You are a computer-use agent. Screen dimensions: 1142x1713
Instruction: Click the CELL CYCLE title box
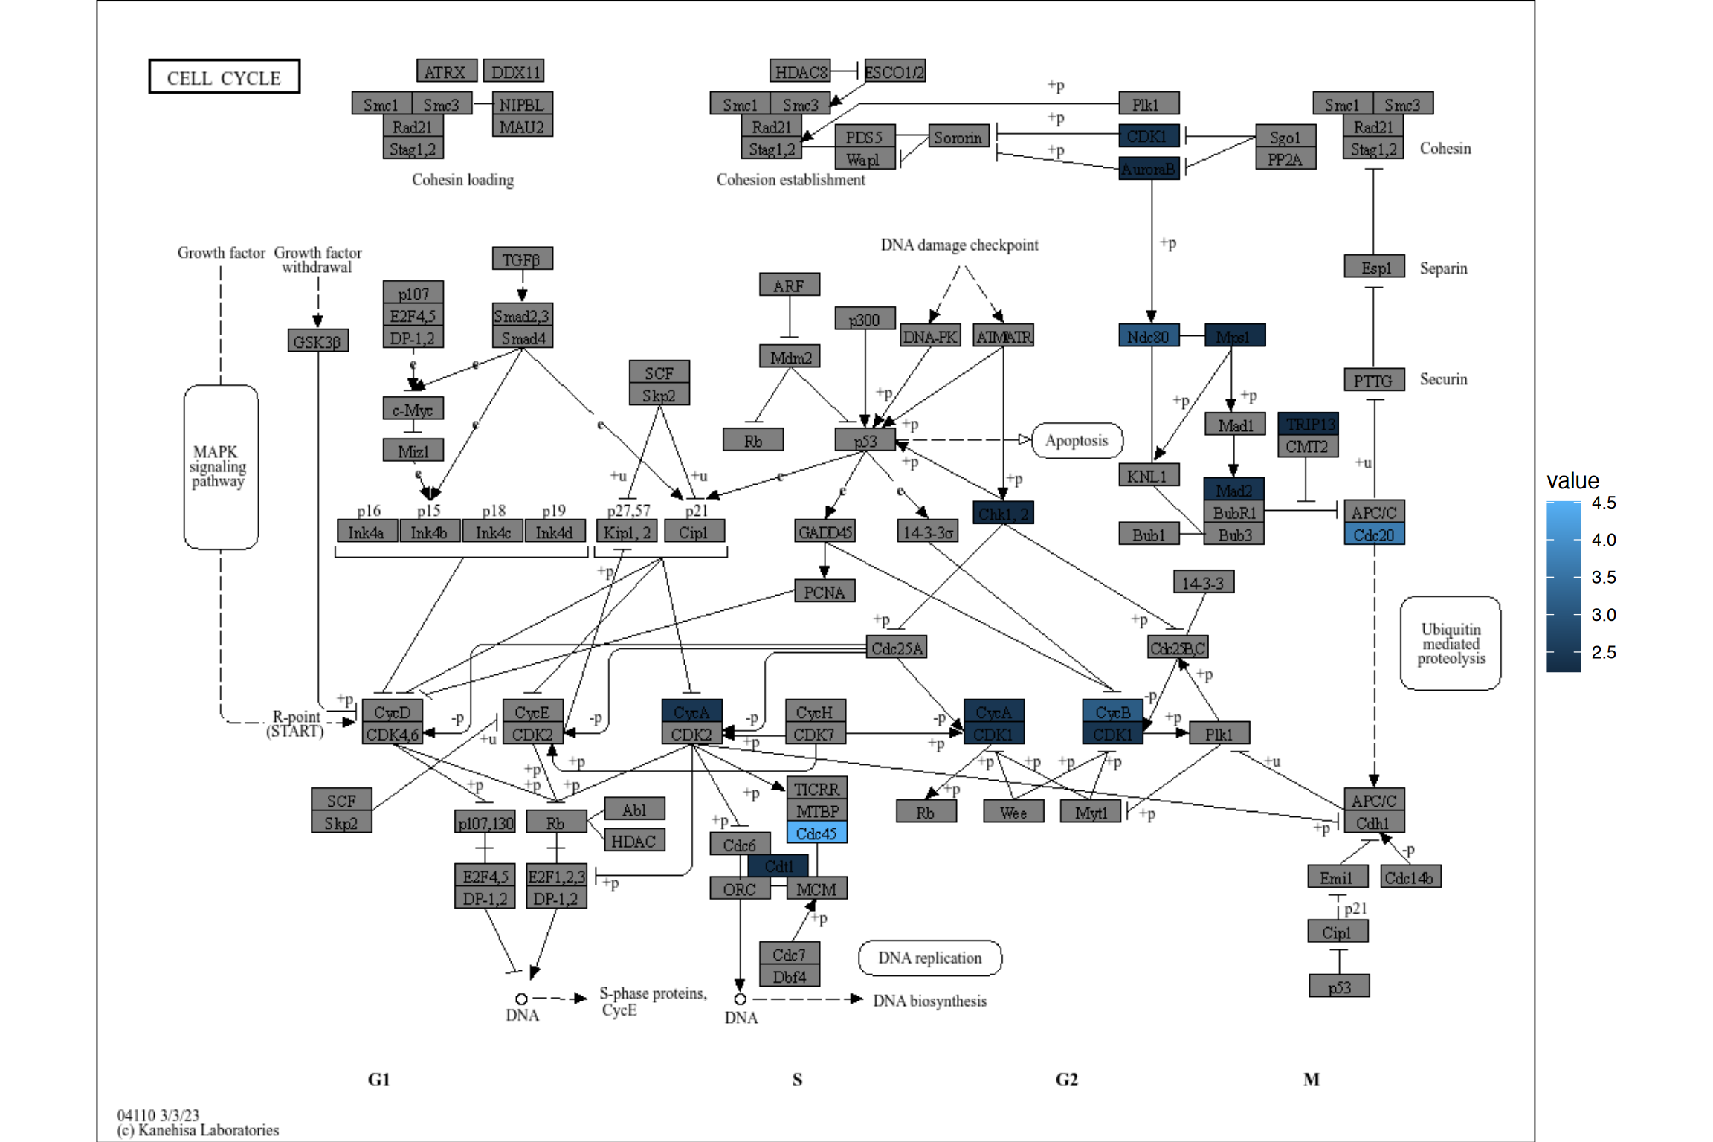click(224, 77)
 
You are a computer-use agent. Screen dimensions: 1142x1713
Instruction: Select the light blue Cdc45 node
click(816, 833)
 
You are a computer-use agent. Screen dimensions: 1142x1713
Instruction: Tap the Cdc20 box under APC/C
click(1373, 535)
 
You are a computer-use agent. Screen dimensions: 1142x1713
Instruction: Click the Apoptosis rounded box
click(1076, 440)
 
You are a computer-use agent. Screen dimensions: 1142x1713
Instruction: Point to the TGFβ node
click(522, 259)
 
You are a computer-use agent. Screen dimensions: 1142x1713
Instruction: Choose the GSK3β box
click(317, 341)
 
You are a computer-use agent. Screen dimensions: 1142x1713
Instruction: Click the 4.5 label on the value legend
click(1603, 503)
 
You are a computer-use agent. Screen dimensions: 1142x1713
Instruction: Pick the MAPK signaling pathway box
click(220, 467)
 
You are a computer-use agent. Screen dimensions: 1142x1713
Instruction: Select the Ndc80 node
click(1148, 336)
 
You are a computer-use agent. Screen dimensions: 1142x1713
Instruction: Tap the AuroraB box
click(1148, 169)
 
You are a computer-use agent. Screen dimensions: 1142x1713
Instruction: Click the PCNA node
click(824, 592)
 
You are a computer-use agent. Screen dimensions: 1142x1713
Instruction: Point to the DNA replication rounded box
click(929, 958)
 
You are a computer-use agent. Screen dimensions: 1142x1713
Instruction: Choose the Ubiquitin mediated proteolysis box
click(1450, 644)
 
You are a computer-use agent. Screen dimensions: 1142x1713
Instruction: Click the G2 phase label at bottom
click(1066, 1080)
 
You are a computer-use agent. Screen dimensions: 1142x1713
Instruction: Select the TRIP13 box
click(1308, 424)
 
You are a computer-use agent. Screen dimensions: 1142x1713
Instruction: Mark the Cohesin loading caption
click(462, 180)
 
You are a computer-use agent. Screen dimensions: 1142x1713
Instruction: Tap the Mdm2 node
click(790, 358)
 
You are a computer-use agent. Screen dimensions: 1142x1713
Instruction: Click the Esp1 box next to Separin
click(1373, 268)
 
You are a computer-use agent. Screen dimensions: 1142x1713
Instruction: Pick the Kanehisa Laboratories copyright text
click(198, 1130)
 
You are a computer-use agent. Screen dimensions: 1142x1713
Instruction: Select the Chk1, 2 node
click(1002, 513)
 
